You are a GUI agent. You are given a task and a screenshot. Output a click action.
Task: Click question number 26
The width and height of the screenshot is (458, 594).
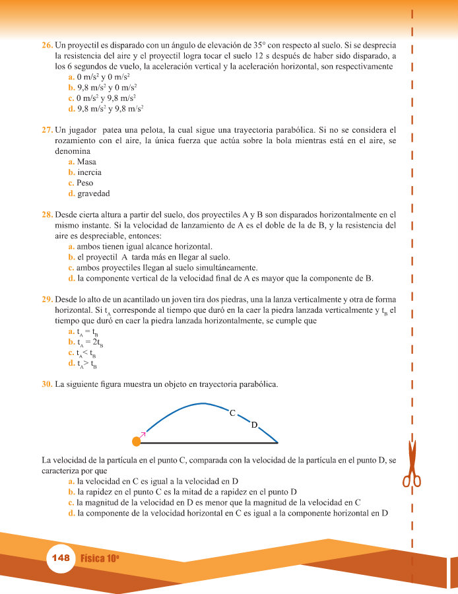47,46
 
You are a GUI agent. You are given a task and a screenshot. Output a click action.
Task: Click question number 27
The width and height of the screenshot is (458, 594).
47,130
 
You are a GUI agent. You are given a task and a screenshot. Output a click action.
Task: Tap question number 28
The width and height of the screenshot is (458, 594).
47,214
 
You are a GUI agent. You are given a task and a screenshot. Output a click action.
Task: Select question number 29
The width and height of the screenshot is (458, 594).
47,299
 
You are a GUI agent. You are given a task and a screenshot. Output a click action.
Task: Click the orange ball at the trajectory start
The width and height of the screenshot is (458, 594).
137,441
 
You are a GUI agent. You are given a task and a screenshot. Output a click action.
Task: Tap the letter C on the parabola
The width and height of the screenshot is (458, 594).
232,413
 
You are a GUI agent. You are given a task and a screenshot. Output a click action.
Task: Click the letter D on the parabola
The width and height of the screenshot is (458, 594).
254,425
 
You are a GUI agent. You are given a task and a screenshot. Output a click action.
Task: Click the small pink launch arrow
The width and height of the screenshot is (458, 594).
143,432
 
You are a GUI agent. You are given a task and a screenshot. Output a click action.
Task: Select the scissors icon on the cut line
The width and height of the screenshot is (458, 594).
412,462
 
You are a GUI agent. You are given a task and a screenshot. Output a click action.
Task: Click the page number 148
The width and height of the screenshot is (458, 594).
60,558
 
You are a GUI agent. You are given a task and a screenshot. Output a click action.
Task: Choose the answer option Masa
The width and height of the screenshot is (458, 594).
86,162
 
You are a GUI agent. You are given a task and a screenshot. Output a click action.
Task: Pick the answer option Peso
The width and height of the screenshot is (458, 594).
85,183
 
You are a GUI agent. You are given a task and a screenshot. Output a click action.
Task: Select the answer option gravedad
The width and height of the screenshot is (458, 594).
93,193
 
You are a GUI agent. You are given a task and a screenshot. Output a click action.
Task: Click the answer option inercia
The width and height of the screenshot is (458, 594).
89,172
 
